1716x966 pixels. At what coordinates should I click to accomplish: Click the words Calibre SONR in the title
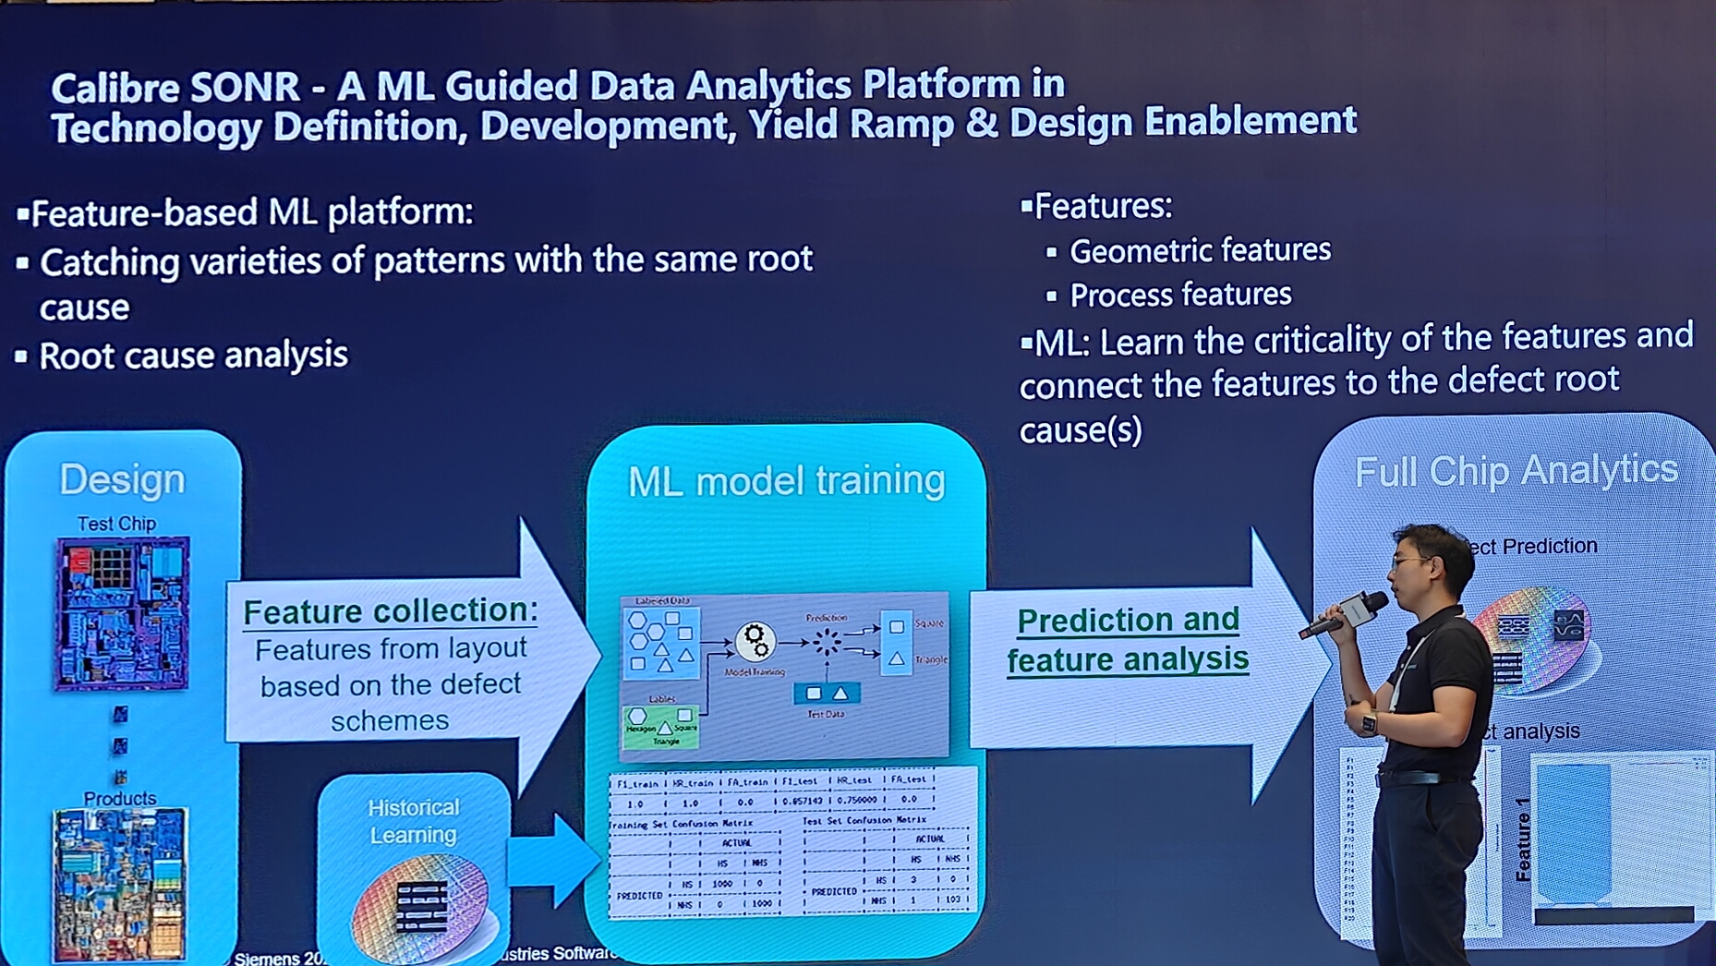(175, 88)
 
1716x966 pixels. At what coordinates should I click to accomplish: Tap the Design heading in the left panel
(122, 479)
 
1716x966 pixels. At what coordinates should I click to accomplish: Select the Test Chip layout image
(122, 613)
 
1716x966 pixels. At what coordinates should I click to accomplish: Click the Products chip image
(120, 882)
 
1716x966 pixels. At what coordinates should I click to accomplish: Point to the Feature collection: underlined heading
(390, 611)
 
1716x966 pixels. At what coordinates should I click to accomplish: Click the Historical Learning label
(413, 821)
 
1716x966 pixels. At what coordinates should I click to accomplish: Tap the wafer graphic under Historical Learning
(420, 905)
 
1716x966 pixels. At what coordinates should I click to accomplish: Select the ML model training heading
(786, 481)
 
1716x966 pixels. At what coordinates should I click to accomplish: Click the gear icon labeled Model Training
(755, 639)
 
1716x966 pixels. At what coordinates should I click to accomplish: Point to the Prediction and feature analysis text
(1128, 639)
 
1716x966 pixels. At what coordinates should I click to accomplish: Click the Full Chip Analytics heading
(1516, 470)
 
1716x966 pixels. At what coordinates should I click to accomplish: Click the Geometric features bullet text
(1200, 250)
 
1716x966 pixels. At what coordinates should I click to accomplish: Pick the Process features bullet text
(1179, 295)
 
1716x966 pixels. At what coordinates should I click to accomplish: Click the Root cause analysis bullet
(193, 356)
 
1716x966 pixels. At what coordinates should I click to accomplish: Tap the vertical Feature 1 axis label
(1523, 839)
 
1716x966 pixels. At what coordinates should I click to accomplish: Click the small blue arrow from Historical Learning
(552, 859)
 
